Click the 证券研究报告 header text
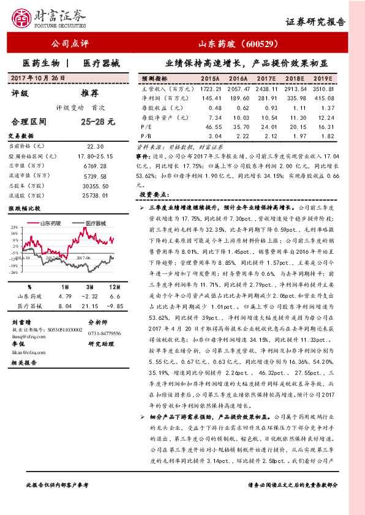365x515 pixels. (316, 21)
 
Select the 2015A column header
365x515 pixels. (211, 80)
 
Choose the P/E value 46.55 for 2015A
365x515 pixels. (209, 126)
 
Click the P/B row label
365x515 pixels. (146, 135)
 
